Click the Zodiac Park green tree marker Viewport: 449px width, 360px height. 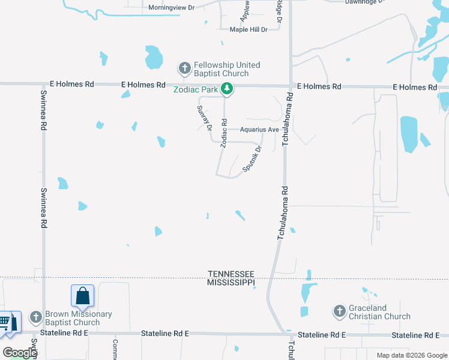[x=227, y=89]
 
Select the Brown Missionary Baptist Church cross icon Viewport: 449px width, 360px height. [x=36, y=316]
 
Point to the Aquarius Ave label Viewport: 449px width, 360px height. [x=259, y=130]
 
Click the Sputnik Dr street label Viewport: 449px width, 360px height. [x=253, y=159]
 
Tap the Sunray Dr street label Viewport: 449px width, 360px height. [x=205, y=118]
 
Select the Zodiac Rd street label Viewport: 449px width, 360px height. [x=223, y=133]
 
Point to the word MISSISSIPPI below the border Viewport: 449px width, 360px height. [x=231, y=282]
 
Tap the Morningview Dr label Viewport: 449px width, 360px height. [x=172, y=8]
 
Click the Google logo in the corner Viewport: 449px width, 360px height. [x=19, y=353]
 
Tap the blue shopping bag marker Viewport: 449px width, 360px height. [x=83, y=295]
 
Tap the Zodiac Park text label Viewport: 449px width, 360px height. [x=196, y=90]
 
